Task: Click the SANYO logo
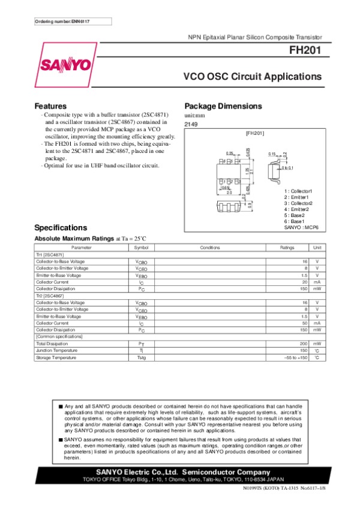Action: coord(66,64)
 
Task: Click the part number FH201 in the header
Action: coord(305,51)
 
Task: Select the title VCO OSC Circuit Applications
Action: coord(252,77)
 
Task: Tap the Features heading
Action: coord(50,106)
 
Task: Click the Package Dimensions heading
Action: coord(223,106)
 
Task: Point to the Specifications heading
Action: coord(61,228)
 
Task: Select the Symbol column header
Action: coord(141,247)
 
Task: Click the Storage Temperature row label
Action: coord(56,357)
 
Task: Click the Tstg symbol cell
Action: coord(141,357)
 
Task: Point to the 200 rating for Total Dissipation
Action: coord(304,344)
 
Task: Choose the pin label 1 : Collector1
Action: coord(298,191)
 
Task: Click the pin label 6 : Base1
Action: coord(295,221)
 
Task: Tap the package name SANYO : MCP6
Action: coord(300,227)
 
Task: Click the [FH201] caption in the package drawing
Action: coord(256,133)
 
